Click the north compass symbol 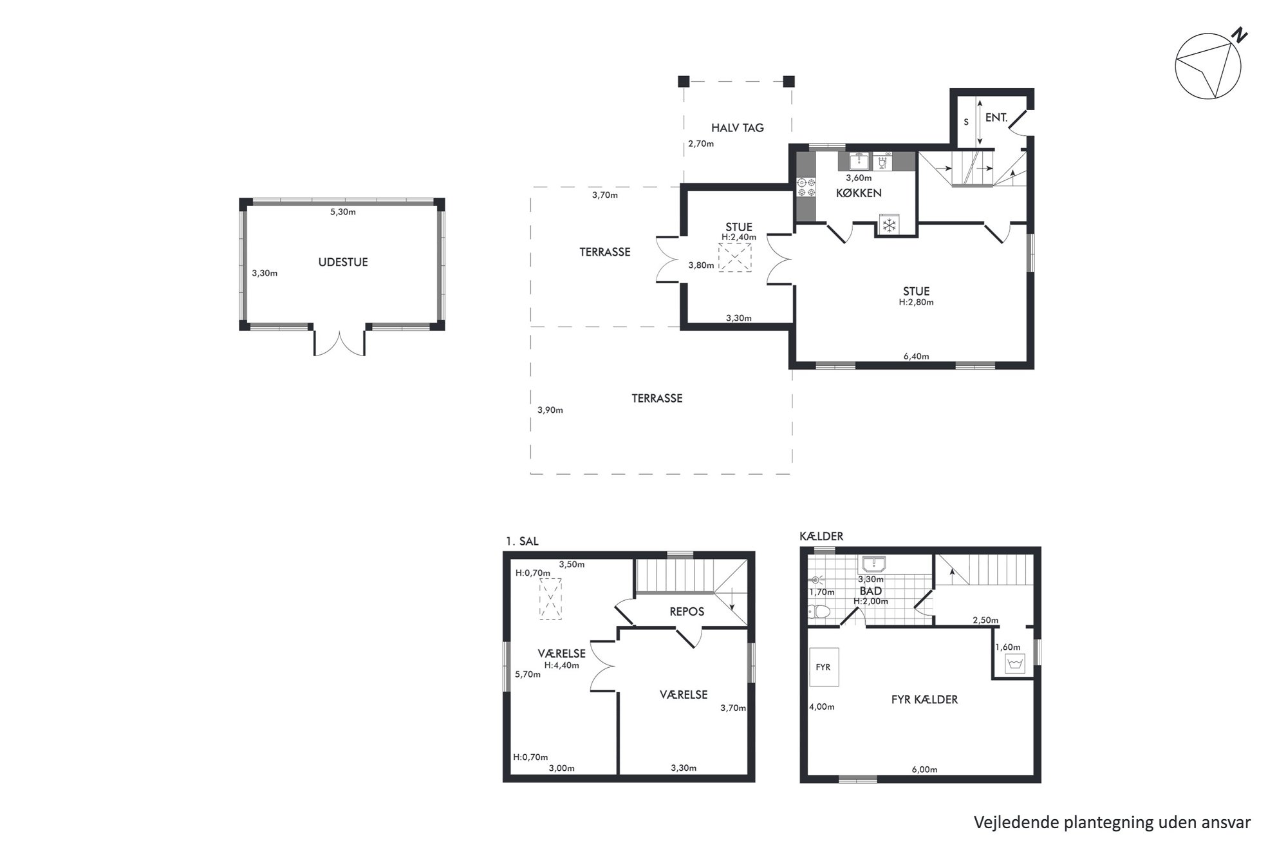1208,66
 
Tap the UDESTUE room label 343,262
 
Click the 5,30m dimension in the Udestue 343,212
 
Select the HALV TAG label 738,128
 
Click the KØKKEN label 859,193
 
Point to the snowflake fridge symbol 889,225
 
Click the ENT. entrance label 996,118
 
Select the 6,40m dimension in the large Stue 916,356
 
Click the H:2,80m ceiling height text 916,302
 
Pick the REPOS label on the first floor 687,611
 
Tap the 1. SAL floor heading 522,542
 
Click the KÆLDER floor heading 821,536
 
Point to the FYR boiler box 824,667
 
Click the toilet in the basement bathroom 819,611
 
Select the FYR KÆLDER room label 924,699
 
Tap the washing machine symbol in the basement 1014,663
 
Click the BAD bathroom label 871,591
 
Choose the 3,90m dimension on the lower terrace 550,410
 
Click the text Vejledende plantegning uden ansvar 1112,822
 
